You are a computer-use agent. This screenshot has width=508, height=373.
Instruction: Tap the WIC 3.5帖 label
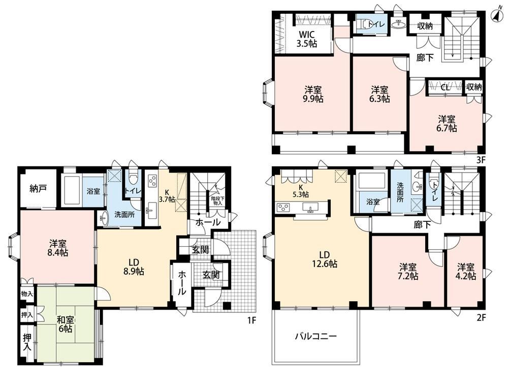point(307,39)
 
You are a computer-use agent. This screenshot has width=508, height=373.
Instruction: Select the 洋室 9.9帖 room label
point(313,94)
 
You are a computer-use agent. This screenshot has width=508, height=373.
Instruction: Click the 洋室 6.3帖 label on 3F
point(379,94)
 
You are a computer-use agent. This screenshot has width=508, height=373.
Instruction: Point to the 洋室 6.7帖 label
point(447,124)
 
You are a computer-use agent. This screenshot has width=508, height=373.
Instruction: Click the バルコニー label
point(315,336)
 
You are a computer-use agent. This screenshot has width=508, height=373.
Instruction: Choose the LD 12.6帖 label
point(325,260)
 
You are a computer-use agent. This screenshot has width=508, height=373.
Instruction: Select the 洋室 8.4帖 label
point(58,248)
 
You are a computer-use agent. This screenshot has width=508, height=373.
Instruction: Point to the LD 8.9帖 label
point(134,267)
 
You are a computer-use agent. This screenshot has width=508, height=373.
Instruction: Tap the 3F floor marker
point(481,160)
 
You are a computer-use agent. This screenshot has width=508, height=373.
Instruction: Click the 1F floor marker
point(252,321)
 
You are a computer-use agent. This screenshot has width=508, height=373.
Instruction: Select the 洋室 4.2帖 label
point(466,272)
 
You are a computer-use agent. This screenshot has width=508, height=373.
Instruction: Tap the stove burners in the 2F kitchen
point(283,207)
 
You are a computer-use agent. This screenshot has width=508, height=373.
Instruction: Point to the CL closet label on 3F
point(445,87)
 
